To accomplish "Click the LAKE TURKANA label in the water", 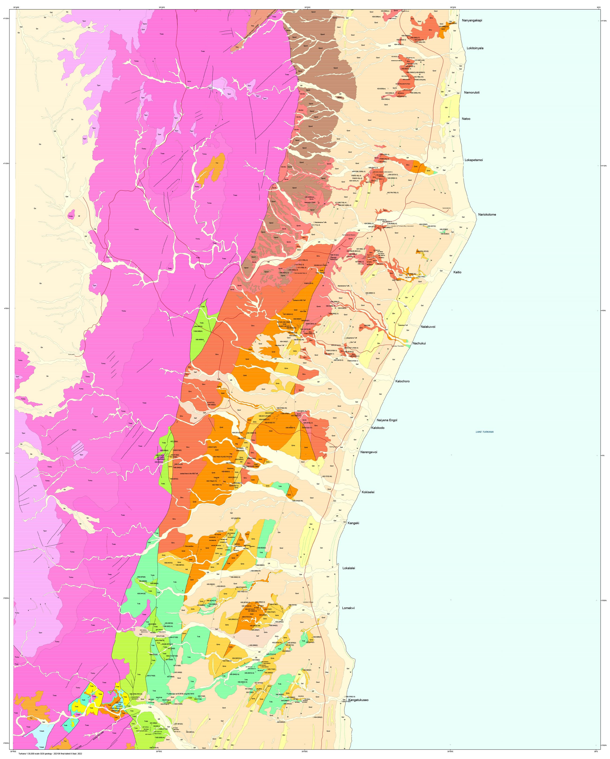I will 484,432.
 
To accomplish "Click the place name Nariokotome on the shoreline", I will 487,214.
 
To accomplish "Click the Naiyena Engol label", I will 387,420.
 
